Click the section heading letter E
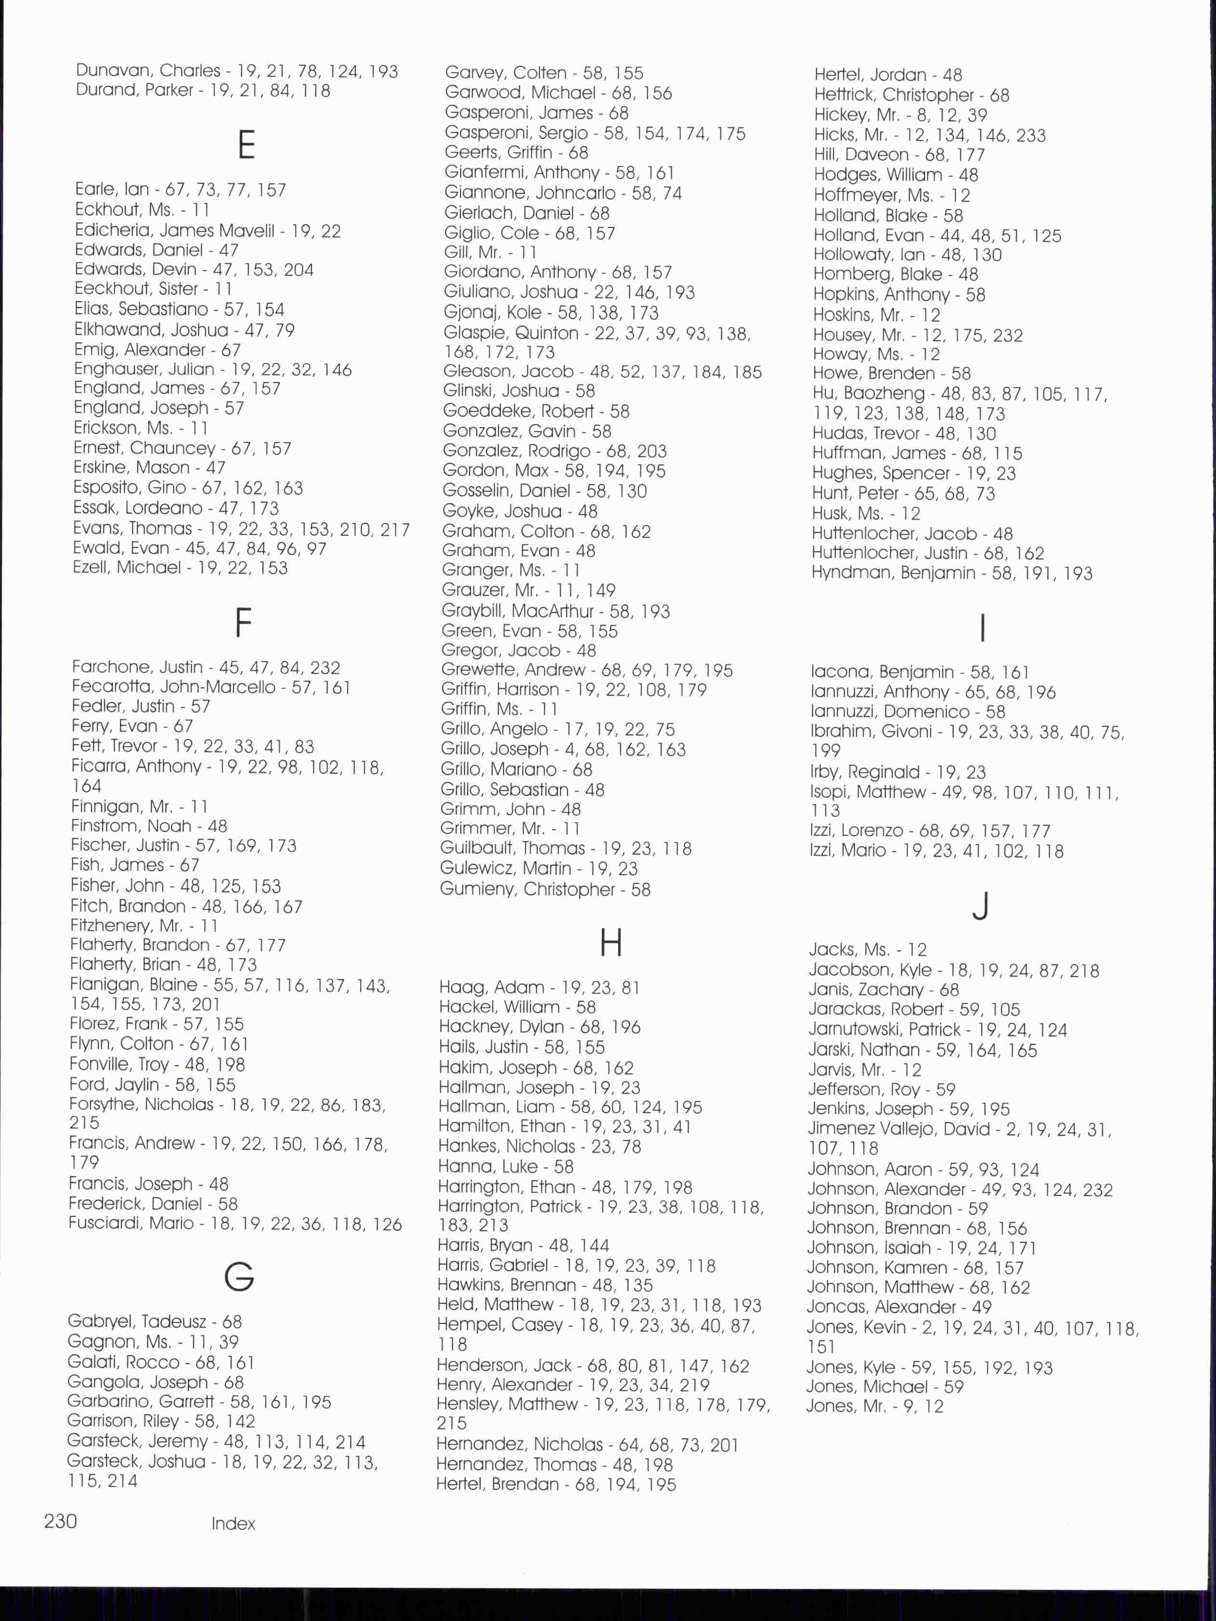[x=246, y=145]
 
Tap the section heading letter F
[x=243, y=623]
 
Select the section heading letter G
[x=239, y=1276]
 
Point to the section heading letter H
[x=611, y=943]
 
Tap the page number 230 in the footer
[x=60, y=1521]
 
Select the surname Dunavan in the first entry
[x=111, y=70]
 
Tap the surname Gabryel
[x=100, y=1321]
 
